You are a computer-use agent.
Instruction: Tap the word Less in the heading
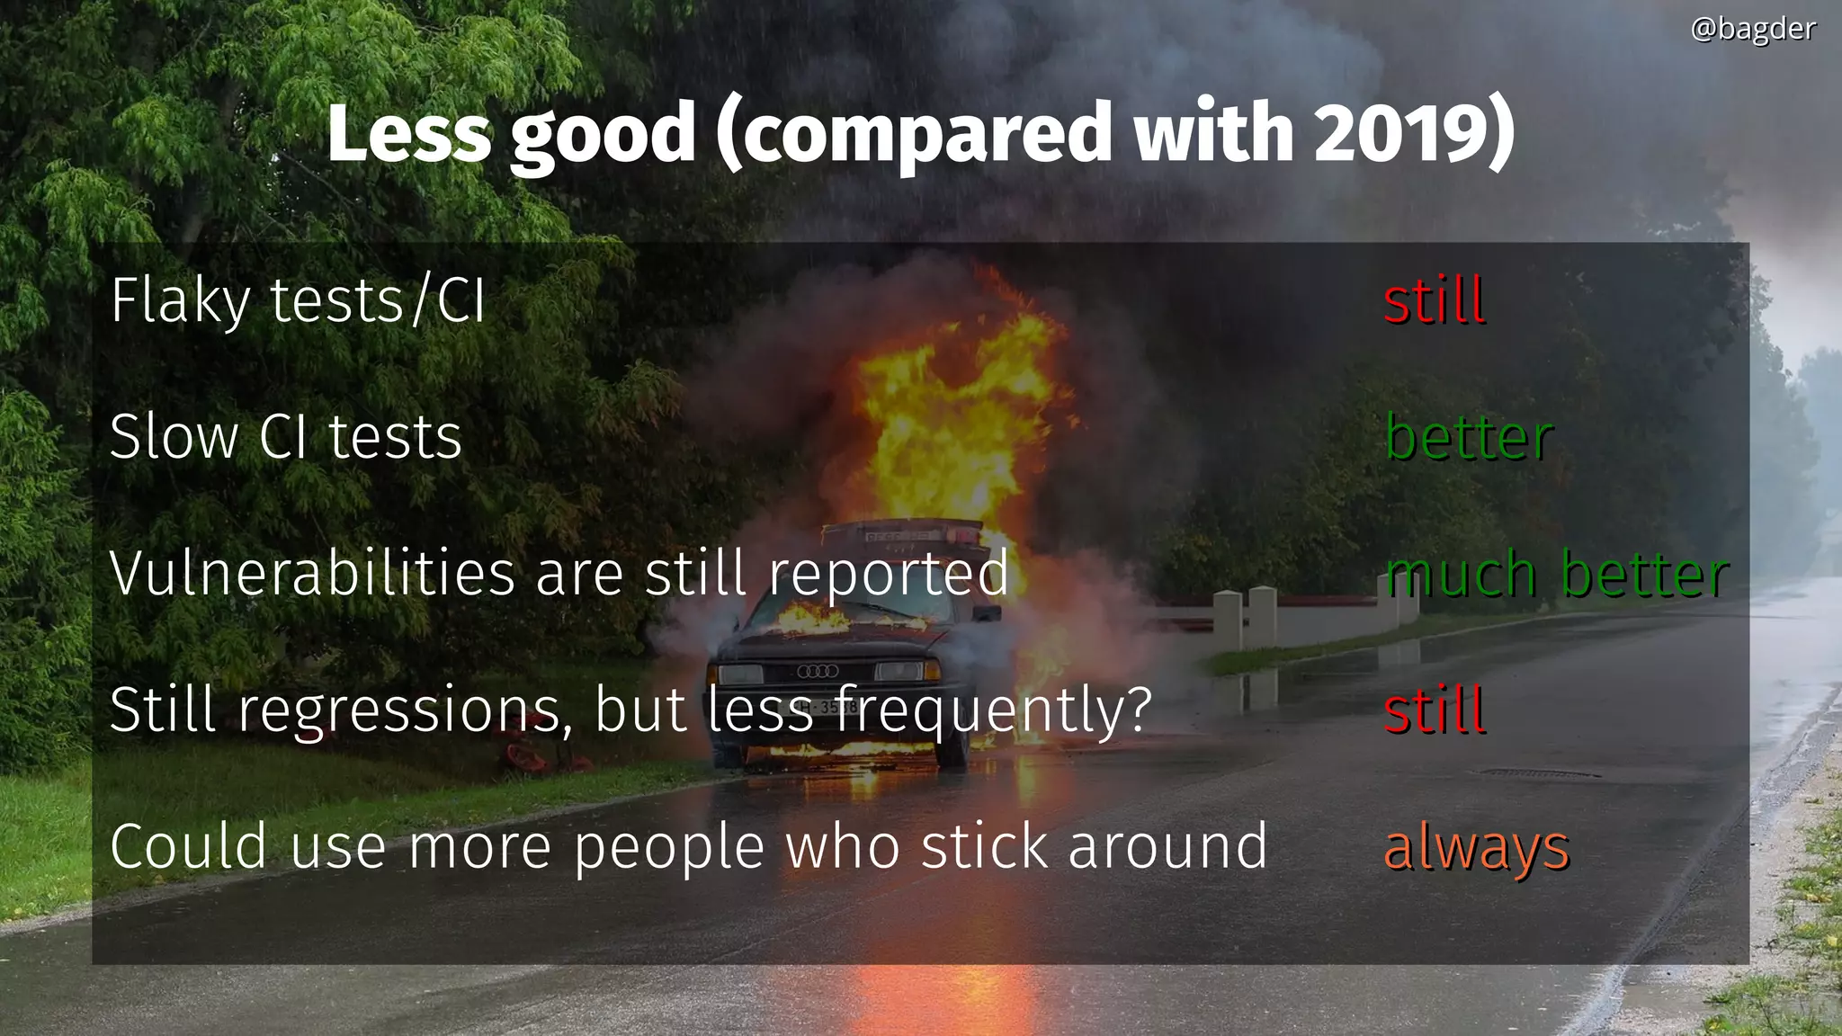(x=409, y=133)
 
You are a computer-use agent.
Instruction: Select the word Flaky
(x=180, y=300)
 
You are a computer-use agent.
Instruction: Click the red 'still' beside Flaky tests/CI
(x=1434, y=300)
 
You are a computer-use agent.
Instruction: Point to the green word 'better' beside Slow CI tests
(x=1469, y=437)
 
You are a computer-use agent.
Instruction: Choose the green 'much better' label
(x=1556, y=574)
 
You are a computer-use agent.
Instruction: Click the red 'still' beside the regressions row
(x=1434, y=710)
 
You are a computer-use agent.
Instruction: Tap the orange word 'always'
(x=1476, y=848)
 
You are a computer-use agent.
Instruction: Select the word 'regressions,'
(x=406, y=711)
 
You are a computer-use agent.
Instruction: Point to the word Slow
(x=174, y=437)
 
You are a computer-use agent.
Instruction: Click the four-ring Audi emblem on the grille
(x=818, y=671)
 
